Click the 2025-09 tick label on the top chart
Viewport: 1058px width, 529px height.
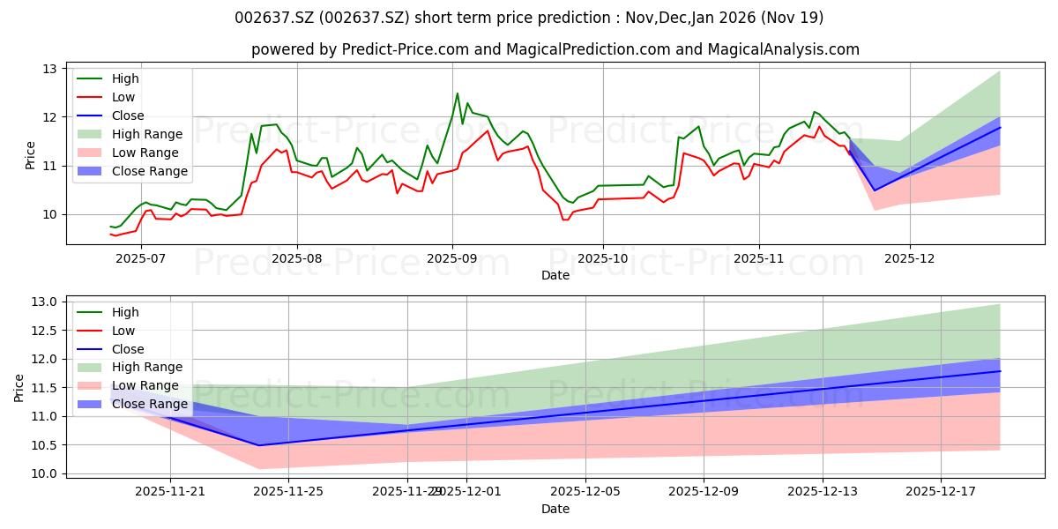point(452,257)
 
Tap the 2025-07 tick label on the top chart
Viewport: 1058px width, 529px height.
point(141,257)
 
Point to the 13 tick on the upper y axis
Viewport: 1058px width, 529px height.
point(49,69)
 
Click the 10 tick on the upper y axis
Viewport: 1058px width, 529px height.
point(49,214)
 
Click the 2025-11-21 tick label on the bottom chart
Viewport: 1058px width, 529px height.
point(169,490)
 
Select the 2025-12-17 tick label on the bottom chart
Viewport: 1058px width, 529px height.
point(941,490)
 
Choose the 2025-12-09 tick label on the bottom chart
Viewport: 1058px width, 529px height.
point(704,490)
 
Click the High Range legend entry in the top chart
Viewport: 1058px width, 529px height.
point(148,134)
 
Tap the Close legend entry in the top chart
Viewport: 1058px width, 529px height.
point(129,115)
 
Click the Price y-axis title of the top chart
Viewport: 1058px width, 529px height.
point(30,155)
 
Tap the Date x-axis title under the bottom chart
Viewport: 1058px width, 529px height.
point(555,509)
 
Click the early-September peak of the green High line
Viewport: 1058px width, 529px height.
point(457,93)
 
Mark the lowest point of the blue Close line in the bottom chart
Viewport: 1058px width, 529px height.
point(259,445)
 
